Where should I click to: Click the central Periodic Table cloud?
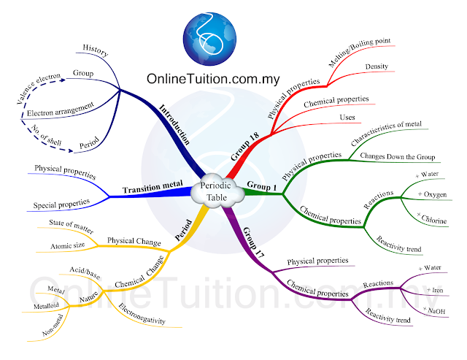[x=217, y=191]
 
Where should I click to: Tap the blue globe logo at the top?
[x=209, y=39]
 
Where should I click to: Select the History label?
[x=96, y=50]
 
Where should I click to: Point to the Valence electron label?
[x=38, y=88]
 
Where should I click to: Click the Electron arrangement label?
[x=61, y=110]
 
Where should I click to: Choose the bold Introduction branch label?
[x=174, y=124]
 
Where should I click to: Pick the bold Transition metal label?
[x=153, y=187]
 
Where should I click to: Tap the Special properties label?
[x=61, y=204]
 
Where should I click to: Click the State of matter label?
[x=72, y=226]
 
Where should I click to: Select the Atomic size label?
[x=67, y=245]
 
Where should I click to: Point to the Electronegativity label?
[x=142, y=314]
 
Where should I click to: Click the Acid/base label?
[x=85, y=273]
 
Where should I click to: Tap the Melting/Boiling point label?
[x=359, y=52]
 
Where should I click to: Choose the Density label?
[x=377, y=66]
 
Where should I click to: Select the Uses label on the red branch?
[x=347, y=117]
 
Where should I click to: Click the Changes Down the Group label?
[x=398, y=156]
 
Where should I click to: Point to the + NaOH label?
[x=434, y=310]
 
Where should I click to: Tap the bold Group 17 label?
[x=253, y=242]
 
